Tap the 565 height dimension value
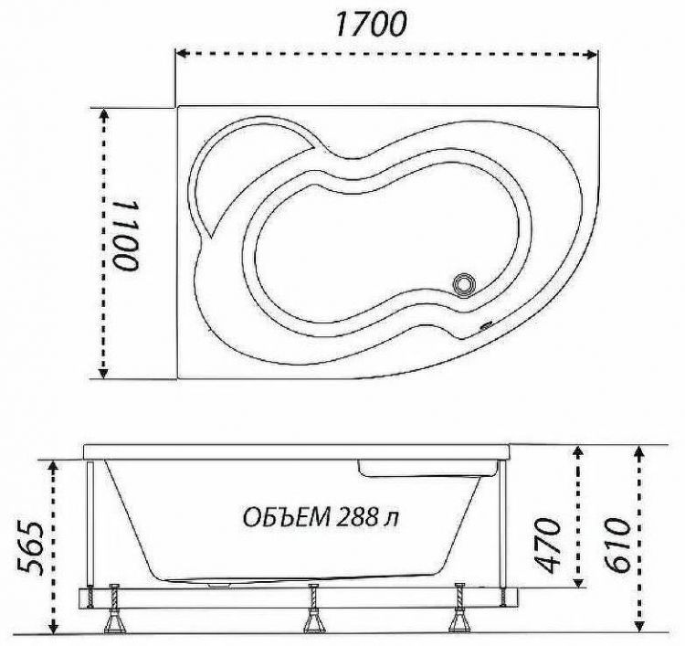[30, 548]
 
